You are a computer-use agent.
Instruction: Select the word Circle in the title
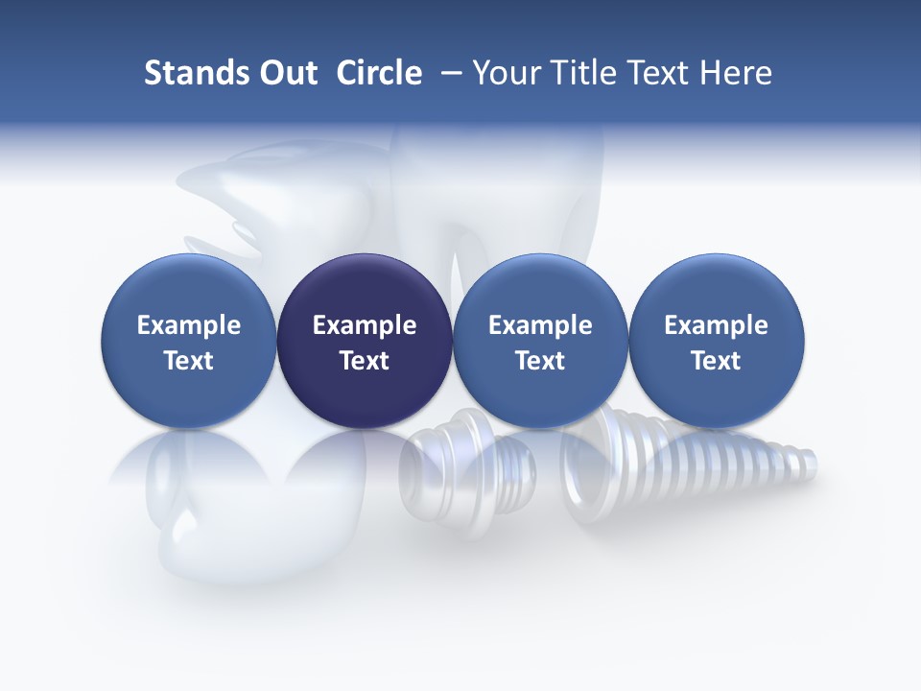click(379, 73)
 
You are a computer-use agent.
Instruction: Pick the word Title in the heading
click(583, 73)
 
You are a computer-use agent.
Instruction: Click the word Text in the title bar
click(663, 73)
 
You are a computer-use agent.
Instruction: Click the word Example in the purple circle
click(365, 325)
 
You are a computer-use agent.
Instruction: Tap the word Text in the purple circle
click(365, 361)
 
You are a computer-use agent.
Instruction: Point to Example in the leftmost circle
click(189, 325)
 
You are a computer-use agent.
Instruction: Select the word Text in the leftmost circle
click(189, 361)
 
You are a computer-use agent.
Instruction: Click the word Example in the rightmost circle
click(716, 325)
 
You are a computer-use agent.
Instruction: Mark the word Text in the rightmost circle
click(716, 361)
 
